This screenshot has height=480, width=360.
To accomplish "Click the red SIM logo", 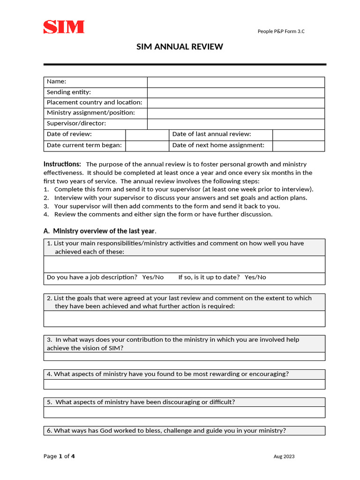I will click(64, 27).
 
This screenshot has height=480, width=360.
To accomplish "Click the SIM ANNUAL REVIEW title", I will click(180, 47).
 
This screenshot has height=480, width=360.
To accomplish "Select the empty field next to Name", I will click(236, 82).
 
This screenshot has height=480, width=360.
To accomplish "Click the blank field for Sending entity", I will click(236, 92).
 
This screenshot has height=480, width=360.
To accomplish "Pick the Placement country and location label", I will click(95, 103).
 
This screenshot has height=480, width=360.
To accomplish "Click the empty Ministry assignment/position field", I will click(236, 113).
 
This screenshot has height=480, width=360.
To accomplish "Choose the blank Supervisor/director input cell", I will click(236, 124).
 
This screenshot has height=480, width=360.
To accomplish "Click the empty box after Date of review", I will click(147, 135).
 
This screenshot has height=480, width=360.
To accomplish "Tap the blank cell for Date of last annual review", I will click(298, 135).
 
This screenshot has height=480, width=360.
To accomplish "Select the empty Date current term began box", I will click(147, 146).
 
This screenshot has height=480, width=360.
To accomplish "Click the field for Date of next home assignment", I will click(298, 146).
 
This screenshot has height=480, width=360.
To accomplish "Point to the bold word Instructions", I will click(62, 164).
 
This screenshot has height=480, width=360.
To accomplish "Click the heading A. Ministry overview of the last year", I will click(100, 231).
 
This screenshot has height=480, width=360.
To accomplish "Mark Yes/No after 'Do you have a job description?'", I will click(153, 277).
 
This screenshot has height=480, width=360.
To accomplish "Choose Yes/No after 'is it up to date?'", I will click(255, 277).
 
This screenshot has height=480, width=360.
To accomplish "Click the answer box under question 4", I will click(184, 384).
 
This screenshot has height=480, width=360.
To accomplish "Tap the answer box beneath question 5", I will click(184, 412).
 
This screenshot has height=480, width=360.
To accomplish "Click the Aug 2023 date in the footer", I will click(284, 457).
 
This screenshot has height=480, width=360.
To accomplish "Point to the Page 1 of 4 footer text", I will click(59, 457).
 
